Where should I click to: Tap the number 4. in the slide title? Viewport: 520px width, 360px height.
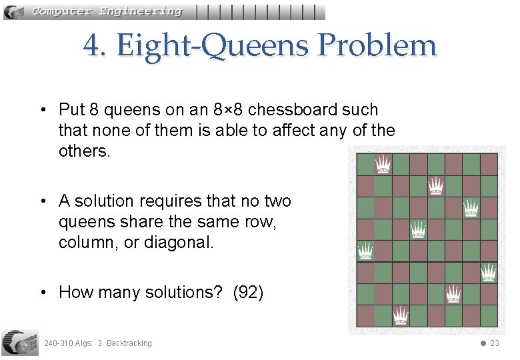96,46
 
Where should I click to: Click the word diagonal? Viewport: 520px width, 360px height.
179,242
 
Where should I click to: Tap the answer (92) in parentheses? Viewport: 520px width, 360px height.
248,292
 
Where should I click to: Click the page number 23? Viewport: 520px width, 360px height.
494,343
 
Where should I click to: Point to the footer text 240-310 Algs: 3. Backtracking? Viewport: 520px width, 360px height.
97,343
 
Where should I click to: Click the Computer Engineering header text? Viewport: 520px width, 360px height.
107,11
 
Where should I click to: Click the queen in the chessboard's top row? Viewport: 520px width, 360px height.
382,163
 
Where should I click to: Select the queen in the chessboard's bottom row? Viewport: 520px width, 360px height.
400,315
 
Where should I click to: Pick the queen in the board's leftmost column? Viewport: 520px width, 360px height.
365,250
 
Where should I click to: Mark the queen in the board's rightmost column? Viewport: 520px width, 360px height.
489,271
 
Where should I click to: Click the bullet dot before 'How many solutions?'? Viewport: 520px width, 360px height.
42,293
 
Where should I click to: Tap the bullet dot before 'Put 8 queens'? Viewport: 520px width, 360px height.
42,110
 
